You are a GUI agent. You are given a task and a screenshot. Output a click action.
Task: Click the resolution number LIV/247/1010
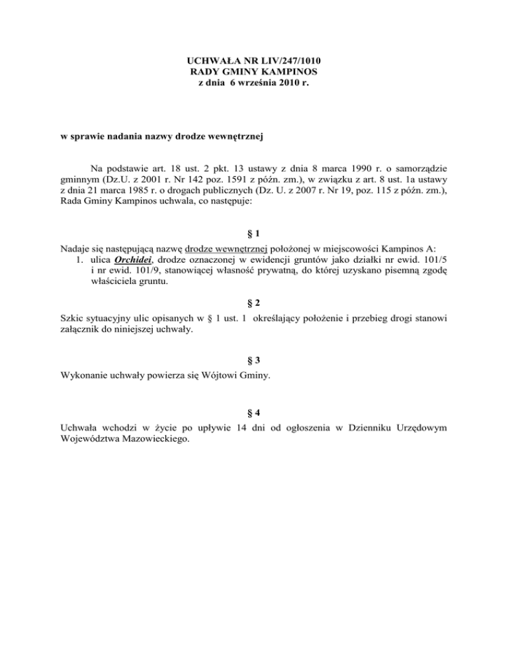click(x=287, y=61)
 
